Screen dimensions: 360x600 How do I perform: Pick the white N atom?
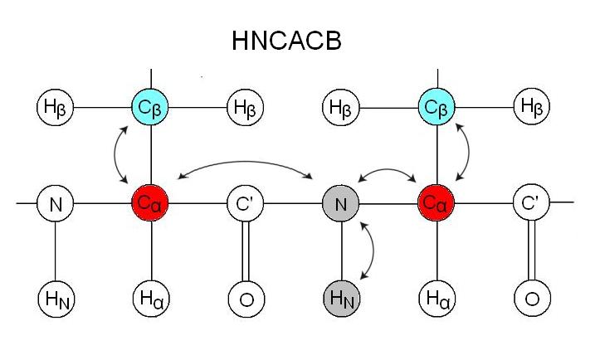[x=55, y=202]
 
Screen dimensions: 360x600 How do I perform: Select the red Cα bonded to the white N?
[x=150, y=202]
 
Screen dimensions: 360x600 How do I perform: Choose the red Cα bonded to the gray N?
[x=437, y=202]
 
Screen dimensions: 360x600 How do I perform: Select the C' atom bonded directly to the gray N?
[x=246, y=202]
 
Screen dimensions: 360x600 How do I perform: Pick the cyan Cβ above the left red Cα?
[x=150, y=106]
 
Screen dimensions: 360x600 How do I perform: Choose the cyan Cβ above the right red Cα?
[x=437, y=106]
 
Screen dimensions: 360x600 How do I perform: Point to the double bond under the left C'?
[x=246, y=249]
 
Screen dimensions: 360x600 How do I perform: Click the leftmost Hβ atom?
[x=55, y=106]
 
